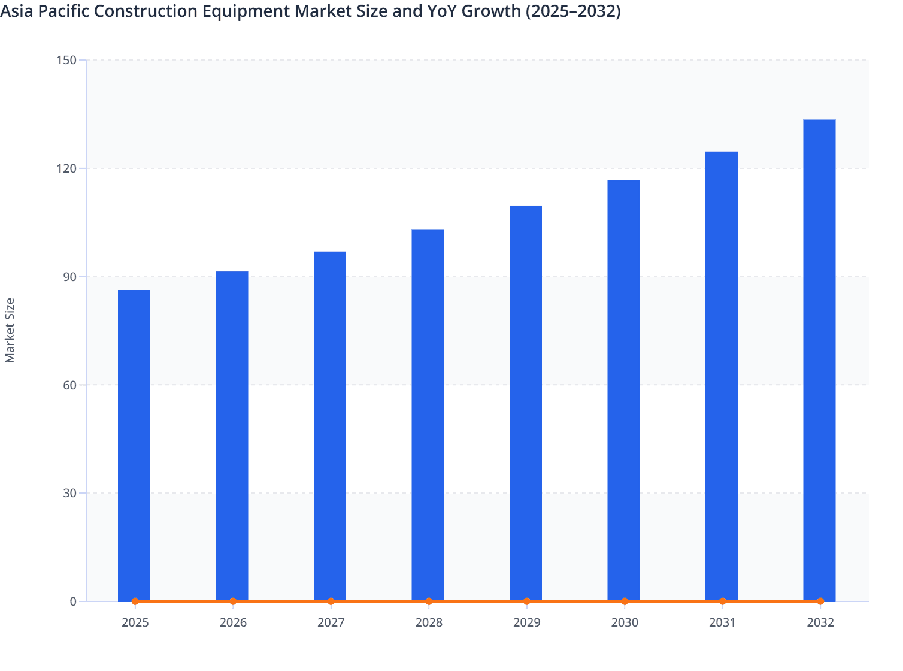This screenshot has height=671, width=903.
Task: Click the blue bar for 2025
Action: click(x=134, y=445)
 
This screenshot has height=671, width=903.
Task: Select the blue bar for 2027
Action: click(x=330, y=426)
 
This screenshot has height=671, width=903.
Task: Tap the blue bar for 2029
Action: click(x=526, y=403)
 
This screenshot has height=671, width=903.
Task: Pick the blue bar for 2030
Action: click(x=623, y=390)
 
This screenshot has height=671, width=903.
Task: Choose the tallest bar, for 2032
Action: click(x=819, y=360)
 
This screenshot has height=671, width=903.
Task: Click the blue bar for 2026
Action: click(x=232, y=436)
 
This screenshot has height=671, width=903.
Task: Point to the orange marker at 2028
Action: click(x=429, y=601)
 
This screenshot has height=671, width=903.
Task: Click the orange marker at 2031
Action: click(x=722, y=601)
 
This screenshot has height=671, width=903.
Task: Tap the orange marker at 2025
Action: click(x=135, y=601)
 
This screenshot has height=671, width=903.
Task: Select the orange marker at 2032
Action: click(x=820, y=601)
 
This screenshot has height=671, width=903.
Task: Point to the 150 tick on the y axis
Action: click(x=66, y=60)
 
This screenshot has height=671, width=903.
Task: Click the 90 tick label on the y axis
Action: click(x=69, y=277)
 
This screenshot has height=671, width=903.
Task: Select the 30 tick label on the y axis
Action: click(x=69, y=493)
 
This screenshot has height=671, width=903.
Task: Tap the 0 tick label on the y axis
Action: click(x=73, y=602)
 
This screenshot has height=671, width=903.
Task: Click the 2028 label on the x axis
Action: click(x=429, y=622)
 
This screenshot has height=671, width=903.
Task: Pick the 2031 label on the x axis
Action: click(x=722, y=622)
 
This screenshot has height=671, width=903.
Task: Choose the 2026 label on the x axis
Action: click(x=233, y=622)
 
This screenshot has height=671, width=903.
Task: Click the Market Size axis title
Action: click(x=10, y=330)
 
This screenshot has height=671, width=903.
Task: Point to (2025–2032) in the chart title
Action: click(x=572, y=11)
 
